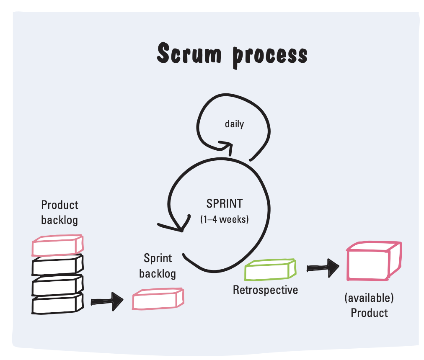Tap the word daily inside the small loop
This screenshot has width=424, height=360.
pyautogui.click(x=234, y=124)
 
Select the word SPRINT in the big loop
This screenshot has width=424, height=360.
pyautogui.click(x=224, y=204)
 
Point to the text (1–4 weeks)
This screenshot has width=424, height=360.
pyautogui.click(x=224, y=219)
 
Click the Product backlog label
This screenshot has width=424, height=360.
pyautogui.click(x=59, y=212)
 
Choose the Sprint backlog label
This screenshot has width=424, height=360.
pyautogui.click(x=158, y=266)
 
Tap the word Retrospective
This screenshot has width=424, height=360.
pyautogui.click(x=265, y=290)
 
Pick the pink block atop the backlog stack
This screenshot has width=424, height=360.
pyautogui.click(x=57, y=246)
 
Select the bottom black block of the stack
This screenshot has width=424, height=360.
pyautogui.click(x=57, y=304)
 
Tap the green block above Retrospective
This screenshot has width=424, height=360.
pyautogui.click(x=270, y=270)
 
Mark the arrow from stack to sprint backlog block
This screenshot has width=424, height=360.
pyautogui.click(x=107, y=300)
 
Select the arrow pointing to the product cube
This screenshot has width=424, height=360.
pyautogui.click(x=323, y=266)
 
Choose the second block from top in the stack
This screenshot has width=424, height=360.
pyautogui.click(x=57, y=265)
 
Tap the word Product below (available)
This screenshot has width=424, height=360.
pyautogui.click(x=369, y=313)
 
